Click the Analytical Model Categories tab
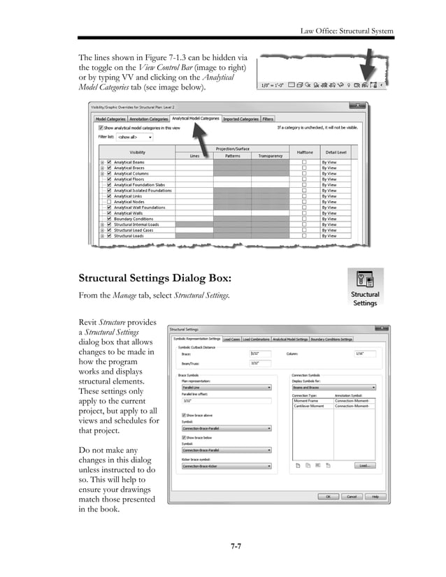(196, 119)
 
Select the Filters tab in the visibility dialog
(268, 119)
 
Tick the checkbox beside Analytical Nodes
(109, 202)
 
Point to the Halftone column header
(304, 152)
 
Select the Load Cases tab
(231, 339)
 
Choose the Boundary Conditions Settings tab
(332, 339)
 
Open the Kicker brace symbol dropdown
(226, 466)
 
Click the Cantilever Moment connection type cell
(308, 406)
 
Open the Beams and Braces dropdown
(333, 387)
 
